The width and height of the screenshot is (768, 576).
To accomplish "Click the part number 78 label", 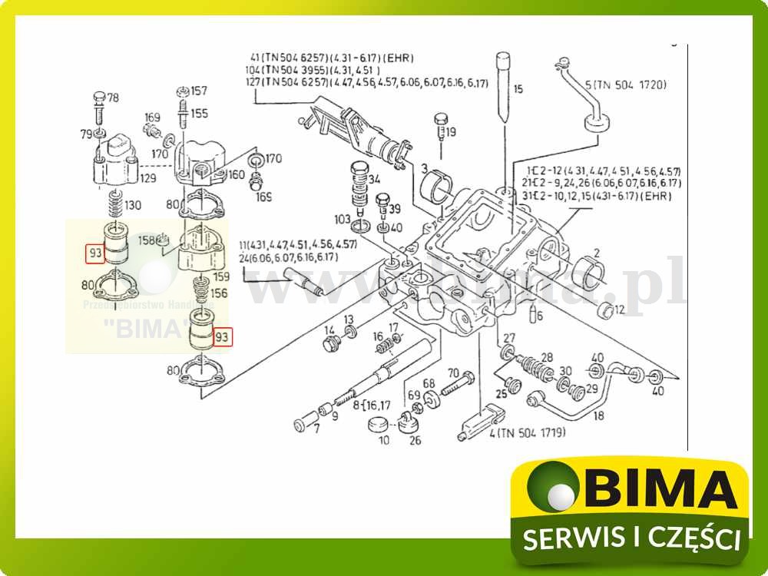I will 113,98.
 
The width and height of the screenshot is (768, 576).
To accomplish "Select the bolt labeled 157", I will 183,93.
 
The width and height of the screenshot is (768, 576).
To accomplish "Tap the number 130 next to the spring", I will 134,205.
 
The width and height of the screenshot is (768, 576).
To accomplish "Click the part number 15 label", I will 518,90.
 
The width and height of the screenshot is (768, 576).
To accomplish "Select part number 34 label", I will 374,180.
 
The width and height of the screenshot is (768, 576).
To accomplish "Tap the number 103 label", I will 343,219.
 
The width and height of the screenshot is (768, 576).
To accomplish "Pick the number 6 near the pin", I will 540,316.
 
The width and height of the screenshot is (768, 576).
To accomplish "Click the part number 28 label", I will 547,356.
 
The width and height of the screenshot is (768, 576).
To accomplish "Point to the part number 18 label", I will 578,415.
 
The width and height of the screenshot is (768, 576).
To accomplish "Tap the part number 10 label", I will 384,440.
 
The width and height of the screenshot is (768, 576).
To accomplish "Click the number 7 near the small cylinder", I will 316,428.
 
